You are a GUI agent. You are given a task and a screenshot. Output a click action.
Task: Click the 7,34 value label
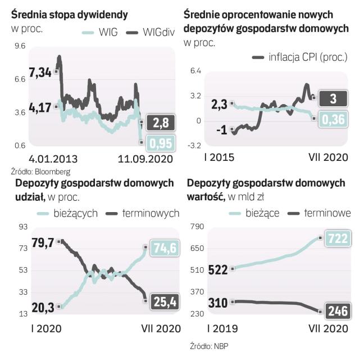pos(40,72)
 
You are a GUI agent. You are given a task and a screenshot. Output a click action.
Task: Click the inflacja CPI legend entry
pos(301,57)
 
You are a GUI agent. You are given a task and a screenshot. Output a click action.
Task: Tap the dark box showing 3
pos(333,98)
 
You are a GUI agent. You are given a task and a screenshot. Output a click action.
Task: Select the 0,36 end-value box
pos(333,119)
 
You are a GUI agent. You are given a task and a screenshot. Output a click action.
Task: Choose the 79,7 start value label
pos(43,243)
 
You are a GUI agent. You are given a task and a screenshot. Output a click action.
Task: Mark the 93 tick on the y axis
pos(22,227)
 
